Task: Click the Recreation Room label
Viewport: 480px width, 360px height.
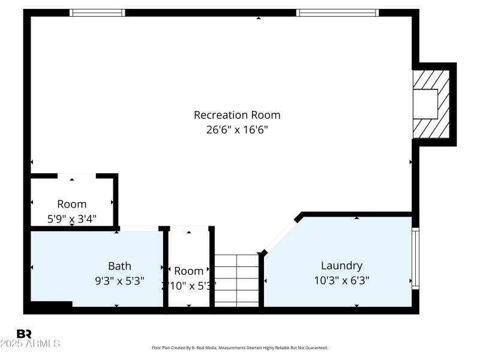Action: (237, 115)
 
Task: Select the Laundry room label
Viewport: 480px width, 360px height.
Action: (341, 265)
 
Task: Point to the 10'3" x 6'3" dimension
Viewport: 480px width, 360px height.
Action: (341, 280)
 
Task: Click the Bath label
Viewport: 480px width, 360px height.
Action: (119, 266)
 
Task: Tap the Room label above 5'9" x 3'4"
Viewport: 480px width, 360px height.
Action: (72, 204)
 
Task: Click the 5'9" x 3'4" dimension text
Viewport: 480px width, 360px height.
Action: (72, 219)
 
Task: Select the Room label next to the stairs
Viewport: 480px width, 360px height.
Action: (189, 271)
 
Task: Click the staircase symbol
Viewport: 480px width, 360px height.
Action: (236, 280)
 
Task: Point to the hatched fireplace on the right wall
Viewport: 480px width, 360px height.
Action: (430, 103)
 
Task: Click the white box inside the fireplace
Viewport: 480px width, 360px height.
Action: (428, 103)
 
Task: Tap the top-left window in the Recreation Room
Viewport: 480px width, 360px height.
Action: (97, 13)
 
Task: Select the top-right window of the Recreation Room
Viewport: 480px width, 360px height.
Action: (337, 13)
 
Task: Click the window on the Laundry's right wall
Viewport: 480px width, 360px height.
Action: (415, 258)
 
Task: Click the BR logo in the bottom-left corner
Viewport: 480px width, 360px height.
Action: (25, 334)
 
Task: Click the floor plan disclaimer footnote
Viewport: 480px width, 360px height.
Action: (240, 348)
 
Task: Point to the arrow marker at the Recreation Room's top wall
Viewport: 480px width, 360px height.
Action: (259, 18)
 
